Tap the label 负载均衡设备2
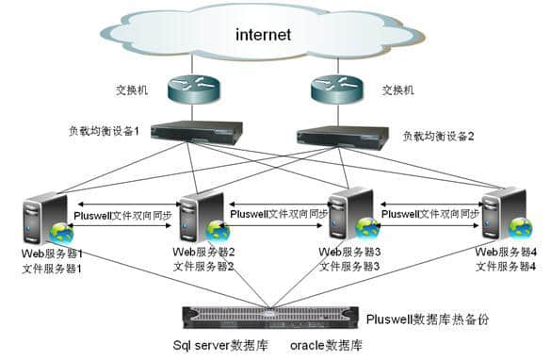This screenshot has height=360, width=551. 439,136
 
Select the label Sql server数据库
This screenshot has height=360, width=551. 219,346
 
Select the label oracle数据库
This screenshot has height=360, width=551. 326,346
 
